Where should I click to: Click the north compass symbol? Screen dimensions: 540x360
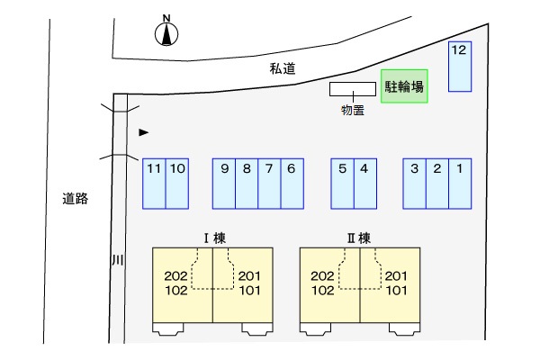pos(166,31)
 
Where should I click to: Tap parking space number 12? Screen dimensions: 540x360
pos(460,67)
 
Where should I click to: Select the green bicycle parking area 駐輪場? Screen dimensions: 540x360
pos(404,86)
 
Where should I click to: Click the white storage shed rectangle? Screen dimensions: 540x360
pos(352,89)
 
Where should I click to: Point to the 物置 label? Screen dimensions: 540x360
pos(352,110)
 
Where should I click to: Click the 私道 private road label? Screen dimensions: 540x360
pos(283,68)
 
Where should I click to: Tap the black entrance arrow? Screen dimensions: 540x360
pos(144,132)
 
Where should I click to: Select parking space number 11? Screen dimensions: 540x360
pos(154,184)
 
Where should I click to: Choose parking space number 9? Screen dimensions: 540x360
pos(224,184)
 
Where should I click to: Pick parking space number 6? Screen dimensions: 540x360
pos(292,184)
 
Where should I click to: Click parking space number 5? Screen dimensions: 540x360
pos(342,184)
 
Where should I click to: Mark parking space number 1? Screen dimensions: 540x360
pos(460,184)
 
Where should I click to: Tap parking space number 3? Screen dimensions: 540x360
pos(414,184)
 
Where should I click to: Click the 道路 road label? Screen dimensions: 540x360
pos(75,198)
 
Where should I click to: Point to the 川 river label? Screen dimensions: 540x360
pos(118,260)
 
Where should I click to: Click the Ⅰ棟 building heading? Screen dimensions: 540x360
pos(214,238)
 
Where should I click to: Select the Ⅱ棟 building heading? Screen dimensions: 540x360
pos(359,238)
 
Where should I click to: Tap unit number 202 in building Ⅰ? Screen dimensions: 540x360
pos(175,276)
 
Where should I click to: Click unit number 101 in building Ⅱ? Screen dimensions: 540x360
pos(396,291)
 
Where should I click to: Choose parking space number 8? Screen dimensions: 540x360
pos(247,184)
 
